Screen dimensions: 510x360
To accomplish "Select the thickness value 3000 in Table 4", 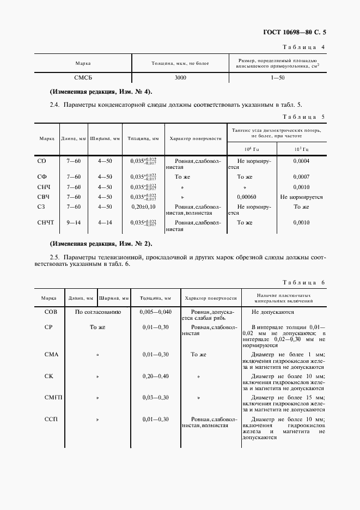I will tap(180, 78).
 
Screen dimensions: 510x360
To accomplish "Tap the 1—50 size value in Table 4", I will tap(278, 78).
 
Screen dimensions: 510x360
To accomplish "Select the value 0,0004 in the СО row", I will tap(301, 161).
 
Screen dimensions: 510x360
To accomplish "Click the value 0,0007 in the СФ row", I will tap(301, 177).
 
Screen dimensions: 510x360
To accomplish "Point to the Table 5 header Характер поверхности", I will tap(196, 138).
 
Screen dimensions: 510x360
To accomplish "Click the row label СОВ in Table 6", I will tap(50, 312).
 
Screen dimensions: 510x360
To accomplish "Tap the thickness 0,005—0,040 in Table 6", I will tap(156, 312).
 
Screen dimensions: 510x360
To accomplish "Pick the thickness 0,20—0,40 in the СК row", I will tap(156, 376).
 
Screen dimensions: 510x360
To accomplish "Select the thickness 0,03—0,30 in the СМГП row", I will tap(156, 398).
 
